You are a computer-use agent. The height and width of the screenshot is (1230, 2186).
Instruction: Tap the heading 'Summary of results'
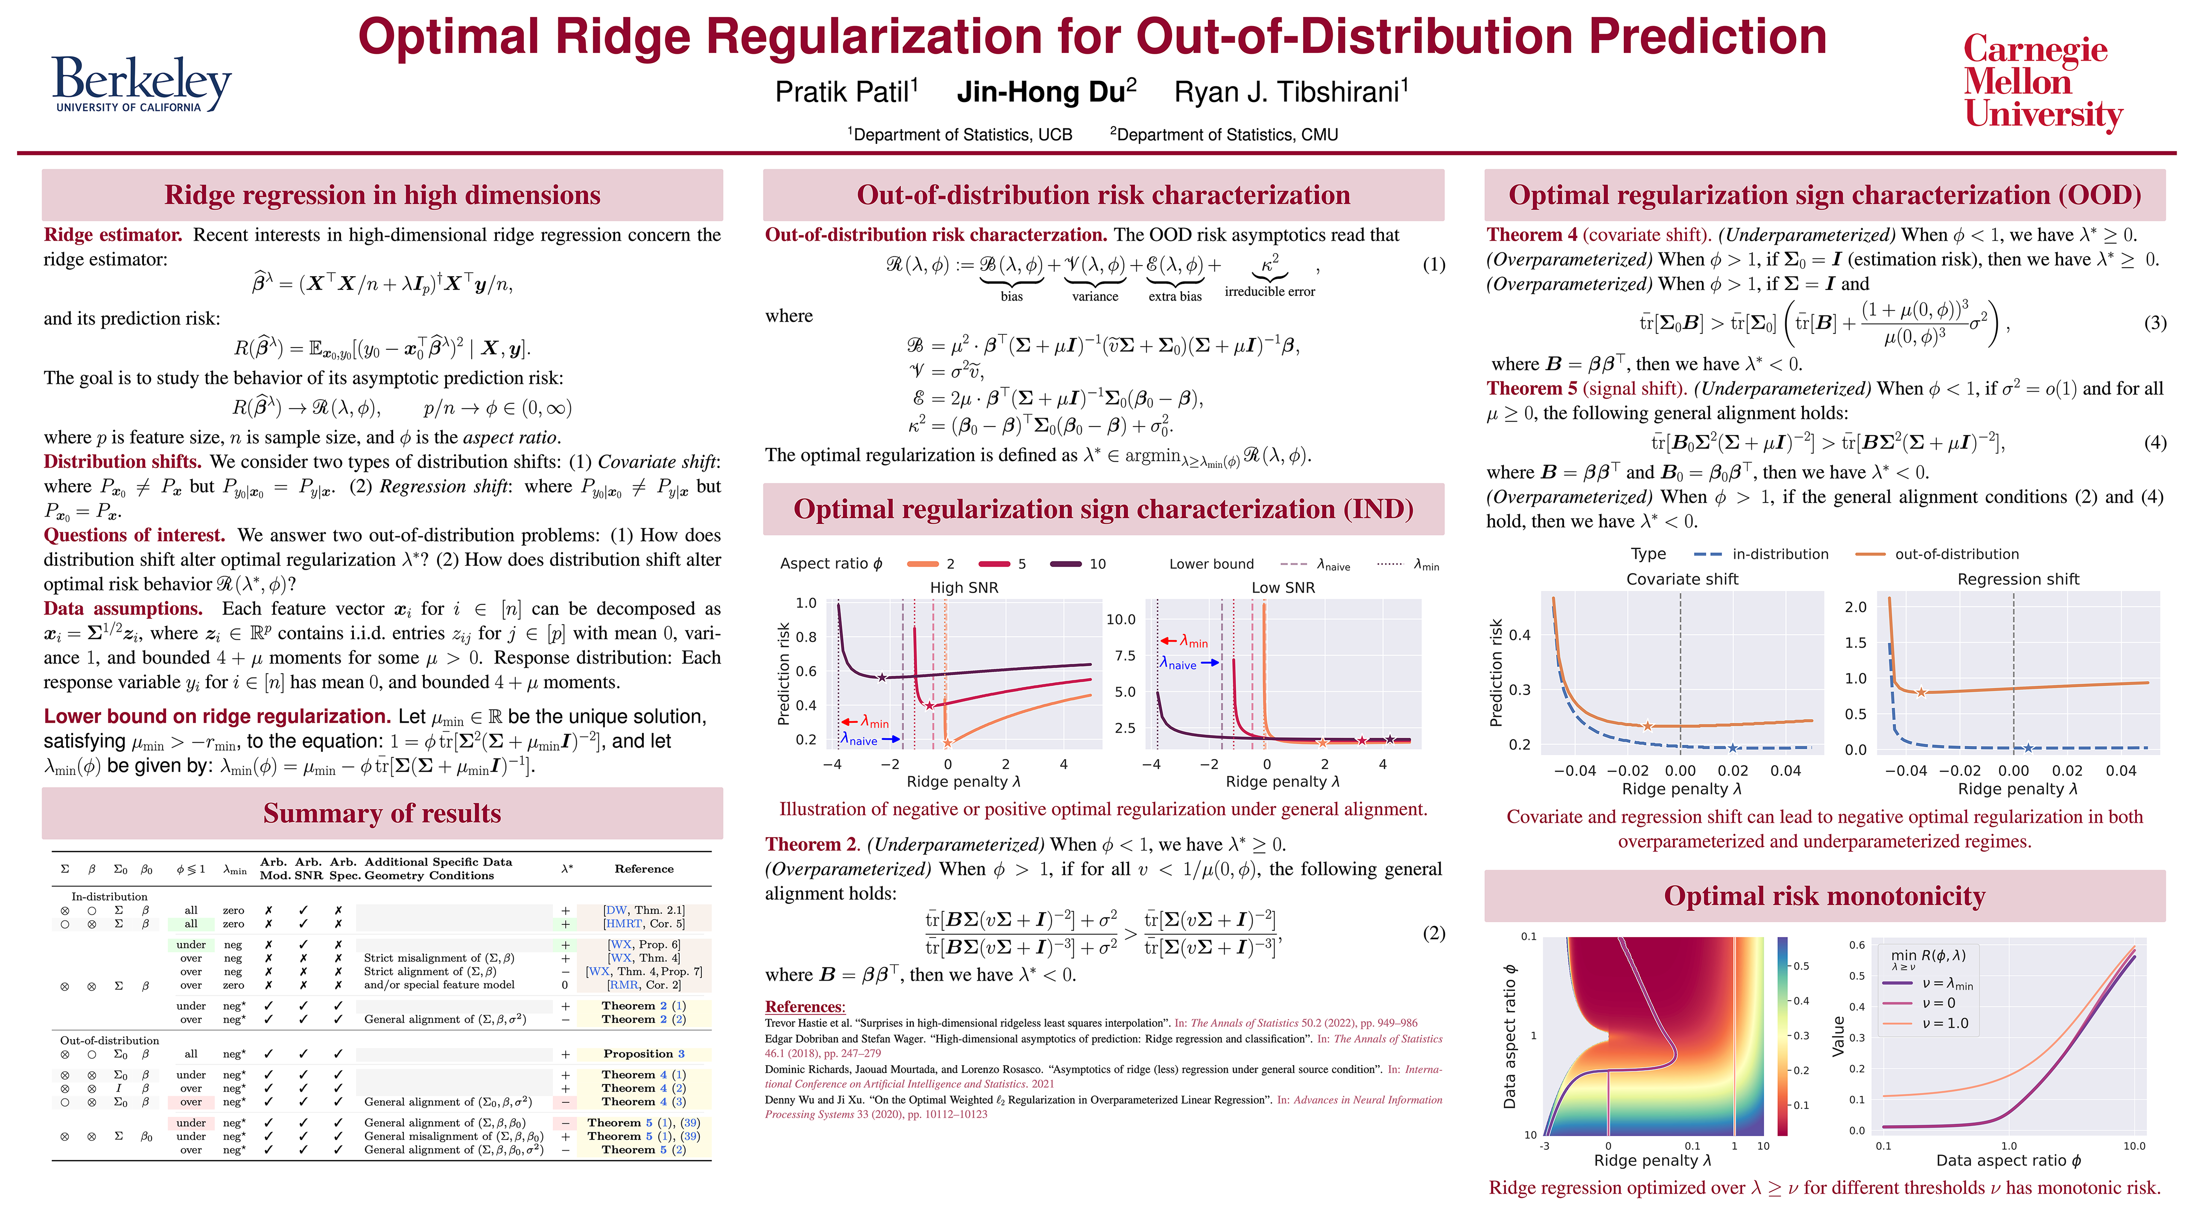pos(382,813)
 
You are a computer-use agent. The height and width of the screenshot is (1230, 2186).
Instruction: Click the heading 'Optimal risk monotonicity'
pos(1824,896)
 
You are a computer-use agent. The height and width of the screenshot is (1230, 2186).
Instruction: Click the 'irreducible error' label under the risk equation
pos(1269,291)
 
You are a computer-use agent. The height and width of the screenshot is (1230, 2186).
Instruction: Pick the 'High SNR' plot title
pos(964,587)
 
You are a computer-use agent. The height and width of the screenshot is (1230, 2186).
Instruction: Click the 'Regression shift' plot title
pos(2018,579)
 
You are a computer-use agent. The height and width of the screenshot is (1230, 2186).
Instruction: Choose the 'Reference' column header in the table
pos(644,868)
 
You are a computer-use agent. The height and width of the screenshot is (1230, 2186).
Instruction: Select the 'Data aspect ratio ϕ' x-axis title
pos(2008,1160)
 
